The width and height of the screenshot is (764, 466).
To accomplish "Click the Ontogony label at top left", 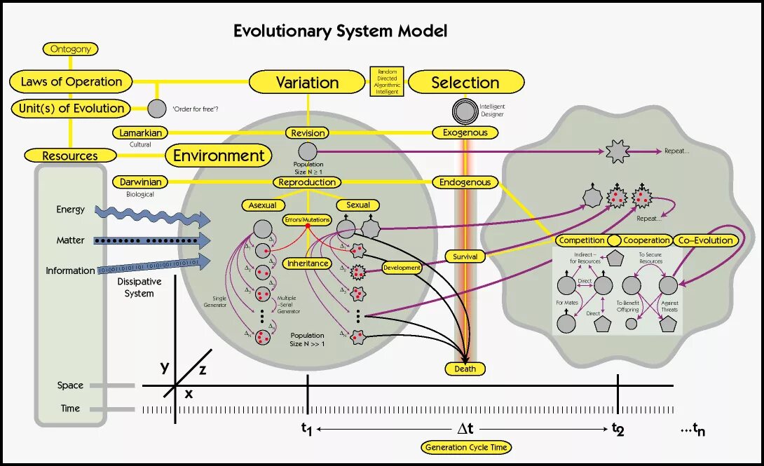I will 70,49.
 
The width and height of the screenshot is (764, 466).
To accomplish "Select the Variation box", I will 307,82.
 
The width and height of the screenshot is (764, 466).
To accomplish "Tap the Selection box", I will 465,82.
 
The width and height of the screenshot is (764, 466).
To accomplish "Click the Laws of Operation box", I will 71,81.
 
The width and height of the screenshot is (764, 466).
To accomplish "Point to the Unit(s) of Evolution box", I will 71,108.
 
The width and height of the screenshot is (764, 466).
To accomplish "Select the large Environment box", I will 219,156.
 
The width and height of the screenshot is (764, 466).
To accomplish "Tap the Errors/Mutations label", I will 307,219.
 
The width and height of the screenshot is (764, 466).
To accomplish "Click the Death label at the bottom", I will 465,369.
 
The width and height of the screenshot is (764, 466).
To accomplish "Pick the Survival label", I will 465,256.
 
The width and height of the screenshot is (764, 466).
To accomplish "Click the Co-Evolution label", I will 706,240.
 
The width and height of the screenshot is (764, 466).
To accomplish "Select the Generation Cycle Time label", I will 465,447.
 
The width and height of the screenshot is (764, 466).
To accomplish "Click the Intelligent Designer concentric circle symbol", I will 465,110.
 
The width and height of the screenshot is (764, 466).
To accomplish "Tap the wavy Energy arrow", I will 151,214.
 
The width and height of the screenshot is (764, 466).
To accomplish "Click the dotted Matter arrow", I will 151,240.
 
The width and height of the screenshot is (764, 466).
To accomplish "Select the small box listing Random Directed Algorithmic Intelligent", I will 387,82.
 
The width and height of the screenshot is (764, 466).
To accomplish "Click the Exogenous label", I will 465,132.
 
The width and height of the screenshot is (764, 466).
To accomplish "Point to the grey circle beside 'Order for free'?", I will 157,109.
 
